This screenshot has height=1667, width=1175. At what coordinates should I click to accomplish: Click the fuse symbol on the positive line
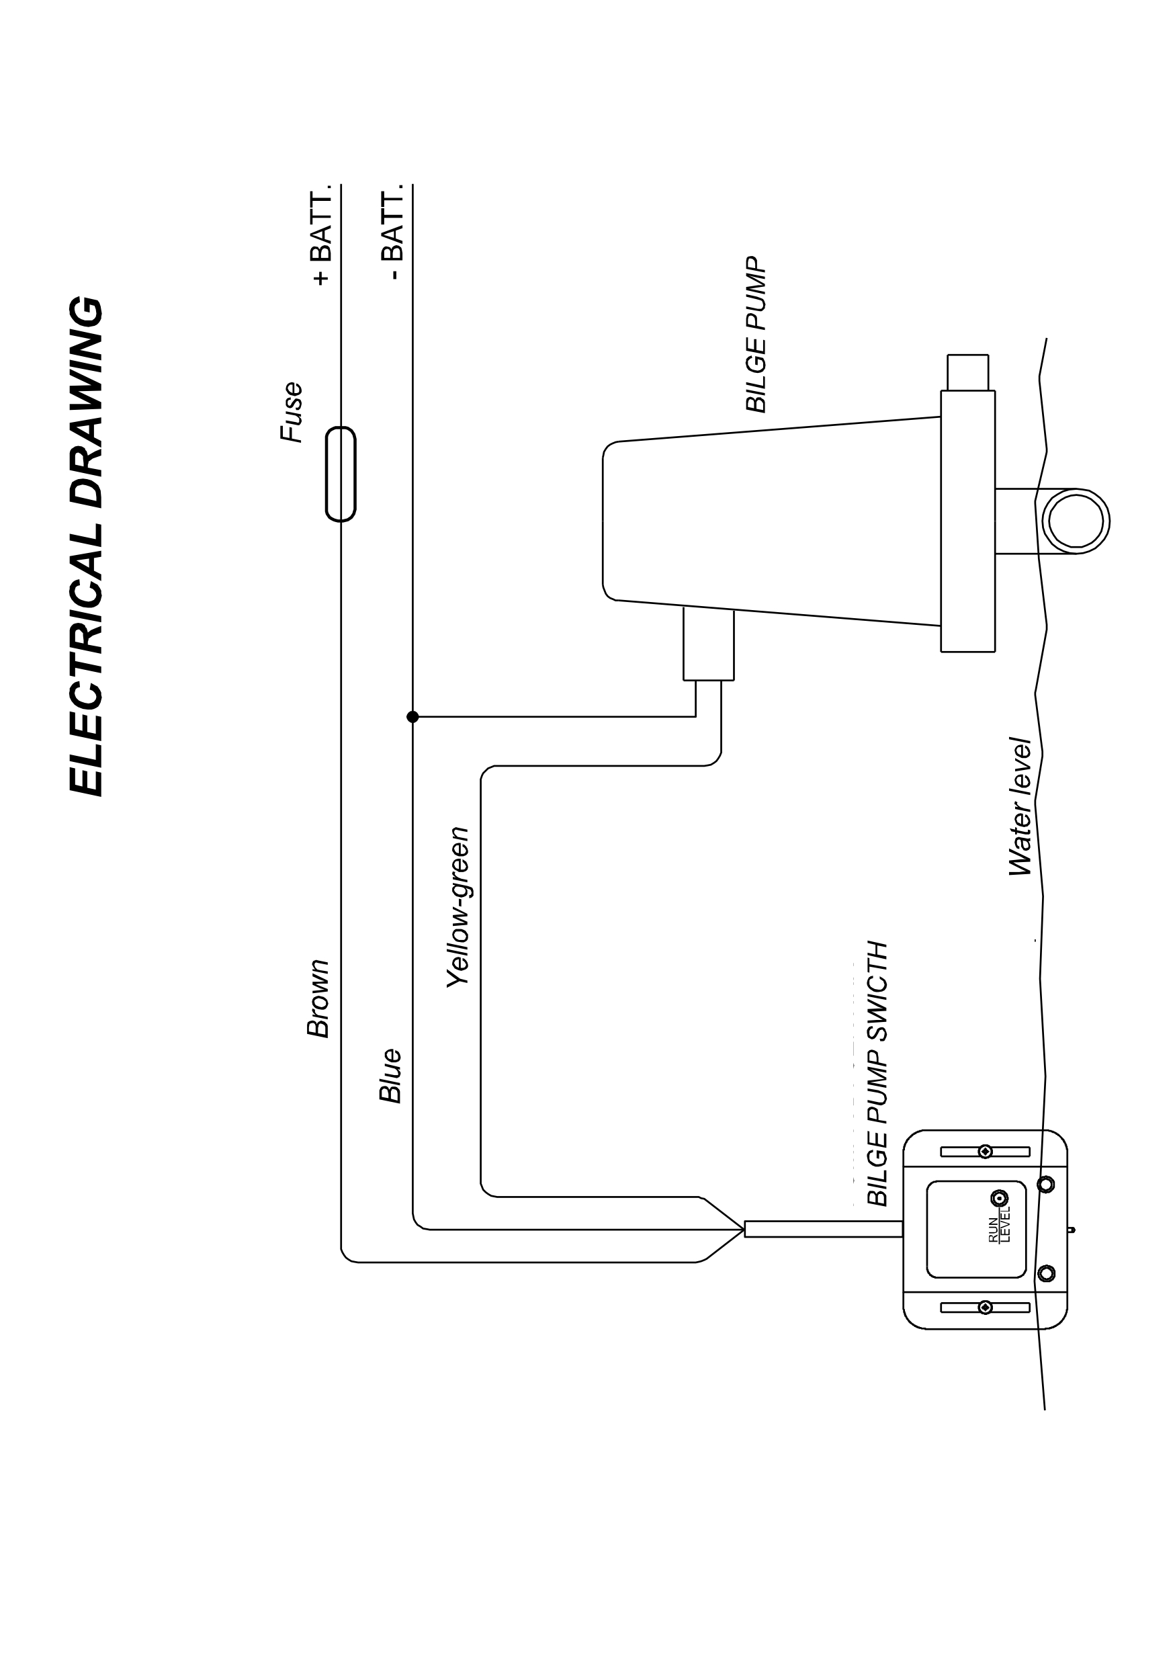pyautogui.click(x=341, y=474)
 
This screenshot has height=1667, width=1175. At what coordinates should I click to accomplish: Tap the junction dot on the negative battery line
pyautogui.click(x=413, y=718)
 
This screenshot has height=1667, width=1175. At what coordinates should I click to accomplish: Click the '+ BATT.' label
pyautogui.click(x=320, y=237)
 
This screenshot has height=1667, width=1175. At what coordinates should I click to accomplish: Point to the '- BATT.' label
pyautogui.click(x=392, y=237)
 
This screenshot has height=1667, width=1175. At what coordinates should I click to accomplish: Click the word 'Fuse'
pyautogui.click(x=292, y=412)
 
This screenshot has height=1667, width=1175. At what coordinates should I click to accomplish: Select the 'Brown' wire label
pyautogui.click(x=318, y=999)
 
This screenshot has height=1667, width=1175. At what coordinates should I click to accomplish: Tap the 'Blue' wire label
pyautogui.click(x=390, y=1075)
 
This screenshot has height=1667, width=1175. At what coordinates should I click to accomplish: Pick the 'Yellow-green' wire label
pyautogui.click(x=458, y=908)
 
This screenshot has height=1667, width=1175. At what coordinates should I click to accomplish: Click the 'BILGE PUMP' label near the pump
pyautogui.click(x=756, y=334)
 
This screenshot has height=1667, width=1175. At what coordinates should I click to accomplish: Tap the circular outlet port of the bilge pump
pyautogui.click(x=1076, y=521)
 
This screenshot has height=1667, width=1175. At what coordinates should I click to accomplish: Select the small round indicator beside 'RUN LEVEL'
pyautogui.click(x=1000, y=1198)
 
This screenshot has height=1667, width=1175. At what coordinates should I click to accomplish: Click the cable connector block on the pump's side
pyautogui.click(x=708, y=645)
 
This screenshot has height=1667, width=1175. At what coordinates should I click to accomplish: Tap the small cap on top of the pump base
pyautogui.click(x=967, y=372)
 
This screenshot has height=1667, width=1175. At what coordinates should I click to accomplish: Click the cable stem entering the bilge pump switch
pyautogui.click(x=824, y=1229)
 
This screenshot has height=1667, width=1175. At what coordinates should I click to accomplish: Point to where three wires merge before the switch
pyautogui.click(x=742, y=1229)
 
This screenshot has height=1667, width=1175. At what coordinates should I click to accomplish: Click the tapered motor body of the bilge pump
pyautogui.click(x=769, y=521)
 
